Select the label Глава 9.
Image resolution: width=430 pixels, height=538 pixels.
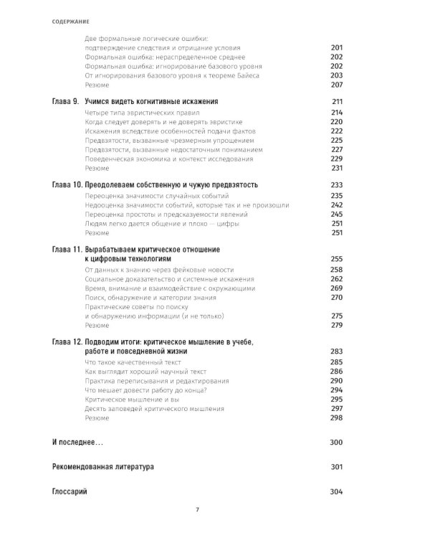(x=65, y=102)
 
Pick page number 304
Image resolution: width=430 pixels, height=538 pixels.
(x=337, y=491)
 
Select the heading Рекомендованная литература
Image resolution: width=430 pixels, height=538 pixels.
(x=102, y=467)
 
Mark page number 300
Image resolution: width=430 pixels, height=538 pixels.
(x=337, y=443)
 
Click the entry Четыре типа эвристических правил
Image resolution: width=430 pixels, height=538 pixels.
(x=136, y=113)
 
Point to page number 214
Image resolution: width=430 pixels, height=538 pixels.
(x=337, y=113)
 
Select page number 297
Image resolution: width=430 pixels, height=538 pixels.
(x=337, y=408)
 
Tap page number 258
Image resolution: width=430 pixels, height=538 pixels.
(x=337, y=269)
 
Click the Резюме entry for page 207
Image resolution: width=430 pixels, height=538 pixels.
(x=97, y=84)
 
